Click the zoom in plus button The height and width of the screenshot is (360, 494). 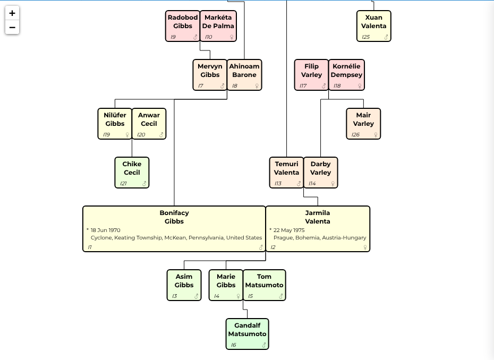(x=12, y=13)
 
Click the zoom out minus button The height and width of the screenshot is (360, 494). (x=12, y=27)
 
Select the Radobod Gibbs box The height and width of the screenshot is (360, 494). (x=183, y=26)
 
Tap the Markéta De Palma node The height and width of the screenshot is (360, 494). (x=218, y=26)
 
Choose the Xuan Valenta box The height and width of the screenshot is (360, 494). (x=373, y=26)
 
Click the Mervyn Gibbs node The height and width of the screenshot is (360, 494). (x=210, y=75)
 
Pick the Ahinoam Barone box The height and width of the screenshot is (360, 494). (x=244, y=75)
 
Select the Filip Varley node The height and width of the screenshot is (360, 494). (x=311, y=75)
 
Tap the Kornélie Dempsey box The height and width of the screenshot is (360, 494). (x=346, y=75)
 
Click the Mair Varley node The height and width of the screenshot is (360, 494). (x=363, y=124)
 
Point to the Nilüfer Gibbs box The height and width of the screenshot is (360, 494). (x=115, y=124)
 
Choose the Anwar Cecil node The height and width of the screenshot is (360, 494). (x=149, y=124)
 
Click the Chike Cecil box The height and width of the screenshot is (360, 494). (x=132, y=173)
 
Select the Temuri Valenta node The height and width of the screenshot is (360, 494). (x=286, y=173)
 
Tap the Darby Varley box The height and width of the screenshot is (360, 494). (x=320, y=173)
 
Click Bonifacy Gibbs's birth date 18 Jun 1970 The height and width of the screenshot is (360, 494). (x=105, y=230)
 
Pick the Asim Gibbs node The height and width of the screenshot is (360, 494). (x=184, y=285)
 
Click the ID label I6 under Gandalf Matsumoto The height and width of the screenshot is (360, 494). (x=233, y=345)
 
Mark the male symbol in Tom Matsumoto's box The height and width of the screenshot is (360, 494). (x=280, y=296)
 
